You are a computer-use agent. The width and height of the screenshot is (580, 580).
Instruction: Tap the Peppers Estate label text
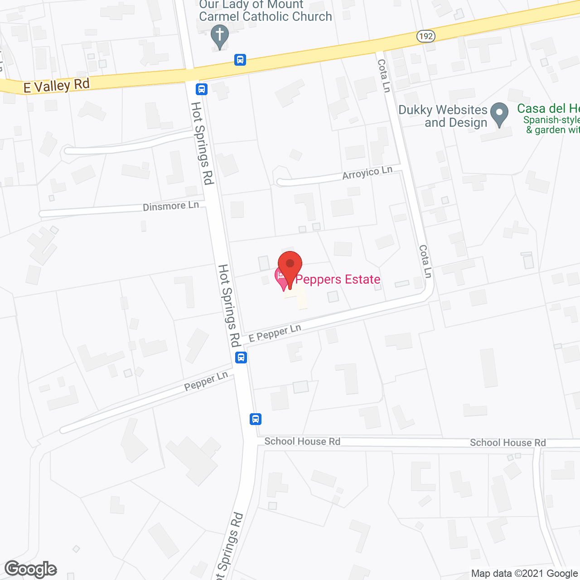(x=338, y=279)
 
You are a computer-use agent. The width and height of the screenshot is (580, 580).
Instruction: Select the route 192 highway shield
(x=425, y=36)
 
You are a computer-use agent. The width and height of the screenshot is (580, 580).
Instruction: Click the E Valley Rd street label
(x=57, y=86)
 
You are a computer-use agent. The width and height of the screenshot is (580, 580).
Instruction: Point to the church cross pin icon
(x=220, y=36)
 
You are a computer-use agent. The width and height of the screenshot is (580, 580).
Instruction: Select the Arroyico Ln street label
(x=367, y=173)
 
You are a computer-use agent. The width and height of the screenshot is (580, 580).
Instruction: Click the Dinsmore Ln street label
(x=171, y=206)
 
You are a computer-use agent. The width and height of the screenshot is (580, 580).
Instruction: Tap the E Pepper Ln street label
(x=275, y=333)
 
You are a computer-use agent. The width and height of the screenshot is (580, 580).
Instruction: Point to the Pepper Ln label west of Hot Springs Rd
(x=206, y=382)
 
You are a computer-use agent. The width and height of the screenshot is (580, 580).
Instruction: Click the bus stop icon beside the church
(x=240, y=59)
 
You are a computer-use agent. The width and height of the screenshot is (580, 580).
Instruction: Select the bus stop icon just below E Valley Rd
(x=202, y=89)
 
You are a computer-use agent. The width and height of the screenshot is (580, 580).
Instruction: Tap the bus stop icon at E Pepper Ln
(x=241, y=358)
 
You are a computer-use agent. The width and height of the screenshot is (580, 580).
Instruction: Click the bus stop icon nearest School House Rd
(x=256, y=419)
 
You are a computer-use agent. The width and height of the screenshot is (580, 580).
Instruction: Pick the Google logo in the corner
(x=31, y=569)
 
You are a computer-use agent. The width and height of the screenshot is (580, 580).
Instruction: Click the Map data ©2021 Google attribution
(x=525, y=574)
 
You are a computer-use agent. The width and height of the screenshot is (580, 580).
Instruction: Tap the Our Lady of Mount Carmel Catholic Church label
(x=265, y=11)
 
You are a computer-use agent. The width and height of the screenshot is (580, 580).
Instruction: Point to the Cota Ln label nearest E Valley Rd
(x=384, y=76)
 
